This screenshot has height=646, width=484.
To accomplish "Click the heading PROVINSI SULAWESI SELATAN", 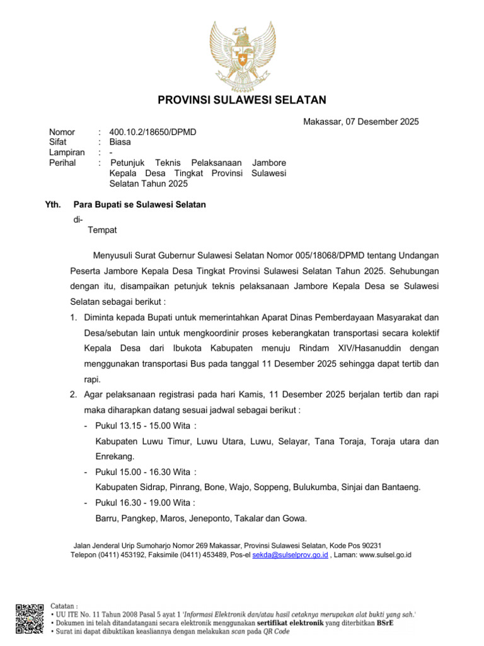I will click(x=242, y=100).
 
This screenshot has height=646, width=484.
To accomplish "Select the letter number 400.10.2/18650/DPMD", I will click(x=153, y=132).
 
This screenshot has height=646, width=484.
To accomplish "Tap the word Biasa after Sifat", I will click(x=120, y=143).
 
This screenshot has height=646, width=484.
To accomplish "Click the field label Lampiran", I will click(x=67, y=153).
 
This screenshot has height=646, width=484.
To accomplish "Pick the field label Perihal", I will click(x=62, y=163).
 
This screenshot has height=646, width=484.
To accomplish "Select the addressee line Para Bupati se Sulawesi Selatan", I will click(x=139, y=204).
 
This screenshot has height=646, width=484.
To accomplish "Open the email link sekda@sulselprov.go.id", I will click(x=290, y=555).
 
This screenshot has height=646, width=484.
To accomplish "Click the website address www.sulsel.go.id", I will click(x=385, y=555).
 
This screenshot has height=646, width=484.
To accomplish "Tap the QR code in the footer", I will click(x=30, y=618).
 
